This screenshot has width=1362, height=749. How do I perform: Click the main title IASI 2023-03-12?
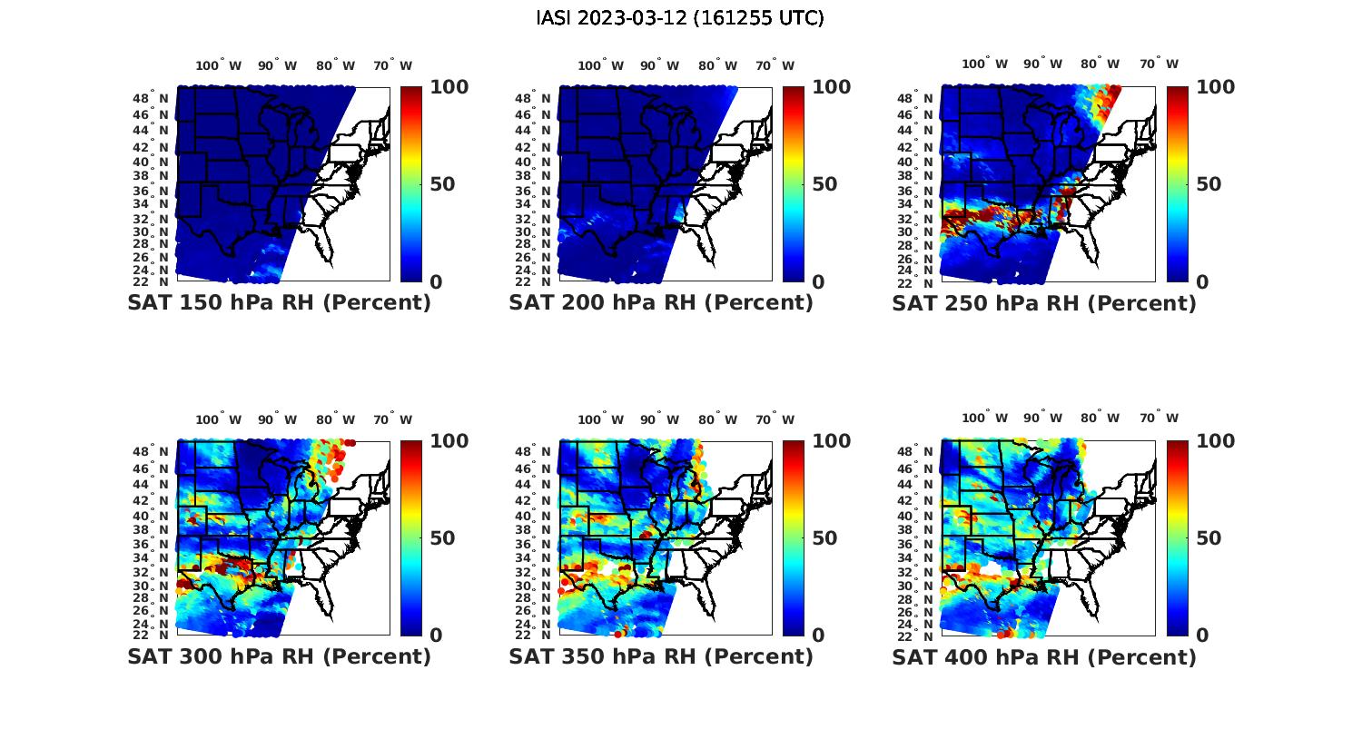(680, 18)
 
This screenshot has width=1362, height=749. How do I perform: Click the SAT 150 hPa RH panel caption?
(279, 303)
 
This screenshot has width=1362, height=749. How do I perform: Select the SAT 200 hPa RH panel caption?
(661, 303)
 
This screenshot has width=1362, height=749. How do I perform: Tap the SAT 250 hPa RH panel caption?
(1043, 303)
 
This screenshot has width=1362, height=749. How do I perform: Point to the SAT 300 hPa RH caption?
(279, 656)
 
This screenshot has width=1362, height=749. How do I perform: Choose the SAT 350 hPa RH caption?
(661, 656)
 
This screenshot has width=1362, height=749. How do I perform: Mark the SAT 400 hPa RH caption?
(1043, 656)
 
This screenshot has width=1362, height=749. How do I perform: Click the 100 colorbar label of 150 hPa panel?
(449, 87)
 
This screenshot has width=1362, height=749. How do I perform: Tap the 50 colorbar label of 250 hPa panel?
(1208, 184)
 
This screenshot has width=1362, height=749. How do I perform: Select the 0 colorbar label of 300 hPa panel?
(436, 636)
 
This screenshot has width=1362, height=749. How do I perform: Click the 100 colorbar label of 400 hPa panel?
(1216, 441)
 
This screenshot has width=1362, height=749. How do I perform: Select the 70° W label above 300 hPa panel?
(392, 419)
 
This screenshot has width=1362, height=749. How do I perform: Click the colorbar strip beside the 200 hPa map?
(794, 184)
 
